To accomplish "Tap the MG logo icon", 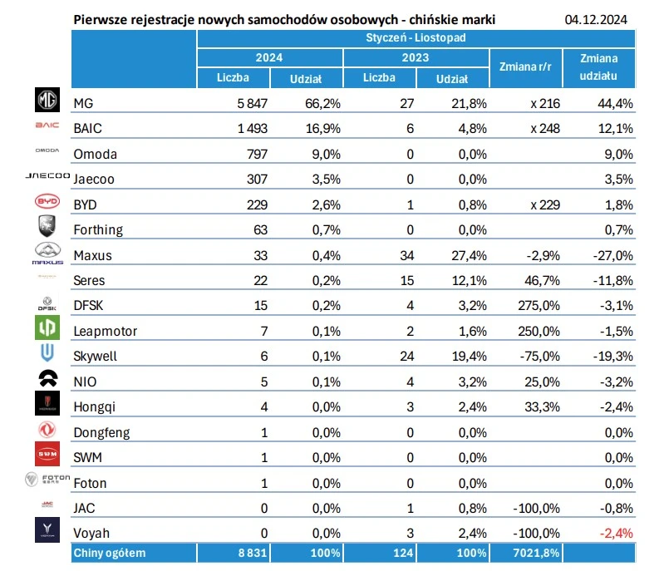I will pos(47,102).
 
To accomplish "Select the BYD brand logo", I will pos(47,202).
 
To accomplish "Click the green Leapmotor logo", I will pos(47,329).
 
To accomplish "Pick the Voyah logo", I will pos(47,530).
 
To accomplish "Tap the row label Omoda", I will pos(96,154).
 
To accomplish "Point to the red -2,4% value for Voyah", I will pos(616,533).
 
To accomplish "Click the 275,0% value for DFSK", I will pos(540,305).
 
